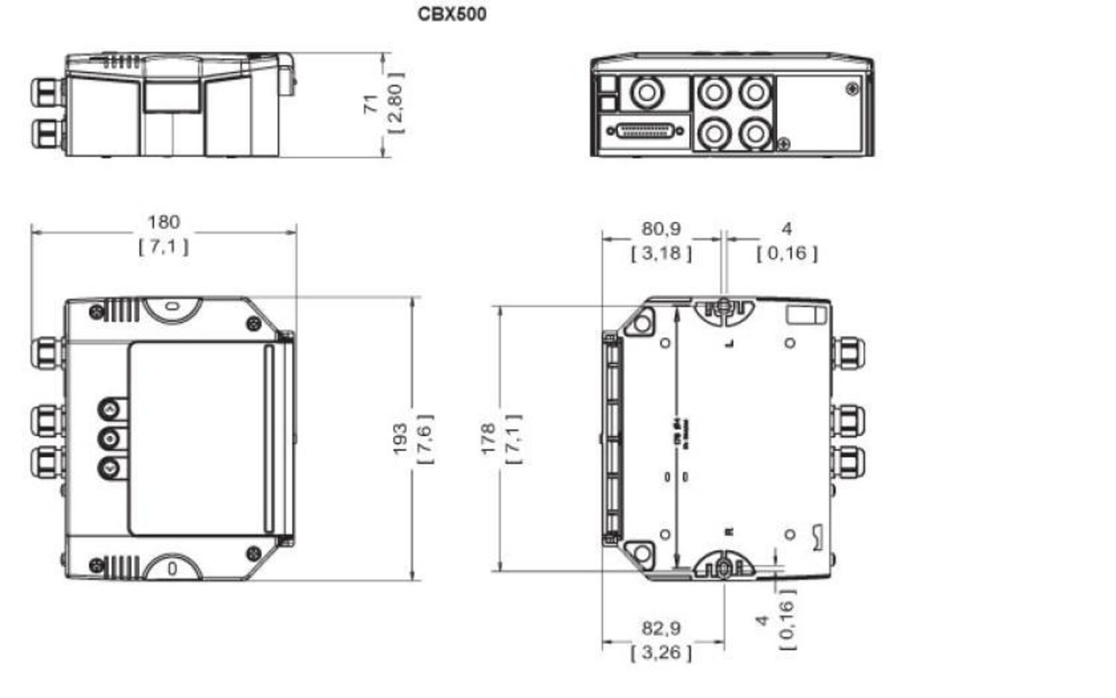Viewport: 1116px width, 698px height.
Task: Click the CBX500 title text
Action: tap(452, 14)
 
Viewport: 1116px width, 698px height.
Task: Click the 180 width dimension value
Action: tap(163, 222)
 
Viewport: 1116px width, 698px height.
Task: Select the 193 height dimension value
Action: tap(400, 439)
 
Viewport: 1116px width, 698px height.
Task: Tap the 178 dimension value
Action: tap(487, 439)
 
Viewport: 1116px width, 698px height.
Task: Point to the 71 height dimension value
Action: tap(371, 104)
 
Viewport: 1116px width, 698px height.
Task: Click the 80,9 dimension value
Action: tap(661, 228)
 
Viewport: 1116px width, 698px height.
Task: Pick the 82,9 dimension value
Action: tap(661, 628)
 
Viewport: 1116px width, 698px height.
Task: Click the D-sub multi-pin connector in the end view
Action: tap(646, 131)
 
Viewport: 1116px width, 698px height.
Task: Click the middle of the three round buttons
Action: tap(110, 438)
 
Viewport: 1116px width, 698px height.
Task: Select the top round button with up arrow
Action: tap(110, 409)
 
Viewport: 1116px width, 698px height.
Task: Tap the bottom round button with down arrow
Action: tap(110, 468)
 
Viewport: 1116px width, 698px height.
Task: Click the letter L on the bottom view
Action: tap(730, 343)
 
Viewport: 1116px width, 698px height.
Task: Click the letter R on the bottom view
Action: tap(729, 532)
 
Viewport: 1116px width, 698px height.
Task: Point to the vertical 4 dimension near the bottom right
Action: tap(762, 620)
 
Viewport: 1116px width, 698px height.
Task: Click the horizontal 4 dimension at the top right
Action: tap(786, 228)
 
